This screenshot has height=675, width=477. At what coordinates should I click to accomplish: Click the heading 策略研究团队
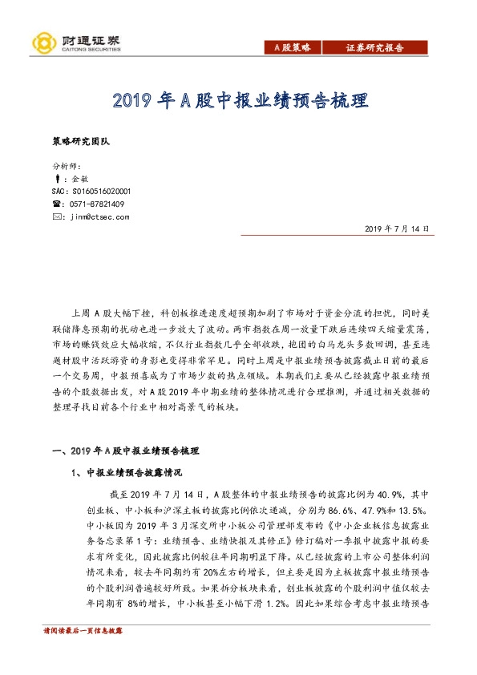[x=79, y=141]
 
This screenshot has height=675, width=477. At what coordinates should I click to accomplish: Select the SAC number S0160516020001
[x=90, y=192]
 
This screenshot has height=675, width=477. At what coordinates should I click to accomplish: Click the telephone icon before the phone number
[x=55, y=204]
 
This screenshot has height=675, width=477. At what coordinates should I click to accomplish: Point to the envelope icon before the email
[x=55, y=216]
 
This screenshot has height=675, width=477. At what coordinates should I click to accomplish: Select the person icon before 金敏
[x=55, y=180]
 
